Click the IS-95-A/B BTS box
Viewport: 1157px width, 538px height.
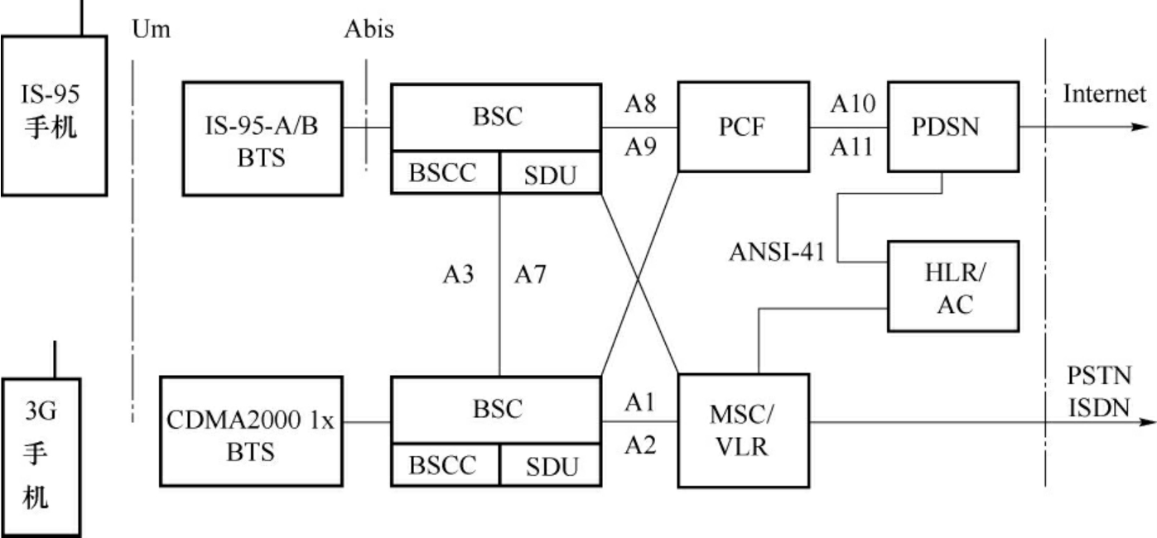click(262, 138)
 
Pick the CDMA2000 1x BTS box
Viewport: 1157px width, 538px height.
click(249, 431)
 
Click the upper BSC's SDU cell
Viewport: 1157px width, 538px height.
click(550, 174)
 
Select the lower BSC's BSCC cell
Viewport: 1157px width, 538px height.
click(444, 465)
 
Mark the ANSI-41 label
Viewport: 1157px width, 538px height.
click(777, 252)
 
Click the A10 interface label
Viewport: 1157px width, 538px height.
click(846, 103)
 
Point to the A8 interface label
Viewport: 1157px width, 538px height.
click(639, 103)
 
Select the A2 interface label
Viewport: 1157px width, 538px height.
click(639, 447)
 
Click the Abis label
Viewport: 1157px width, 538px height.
click(369, 31)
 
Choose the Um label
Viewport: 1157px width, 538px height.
click(151, 31)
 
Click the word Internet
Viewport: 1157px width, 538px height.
click(1105, 93)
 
